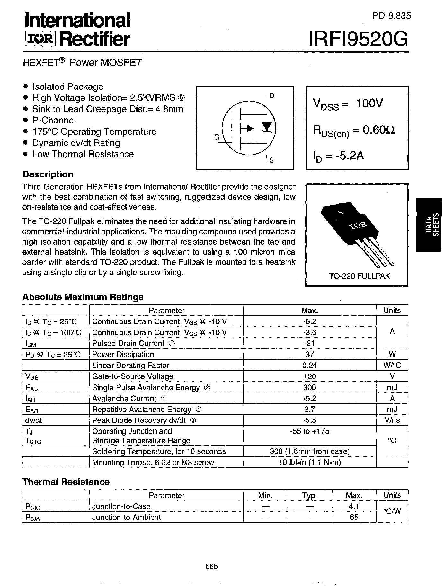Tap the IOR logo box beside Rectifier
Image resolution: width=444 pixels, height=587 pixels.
click(x=40, y=39)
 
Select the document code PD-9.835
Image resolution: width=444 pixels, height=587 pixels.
click(x=391, y=16)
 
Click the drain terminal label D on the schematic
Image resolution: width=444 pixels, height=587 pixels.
click(x=272, y=95)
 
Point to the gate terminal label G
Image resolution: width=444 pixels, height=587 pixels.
click(x=217, y=137)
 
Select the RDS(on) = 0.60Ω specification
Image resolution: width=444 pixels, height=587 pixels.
click(x=354, y=131)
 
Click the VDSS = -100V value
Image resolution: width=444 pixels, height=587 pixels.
click(x=348, y=104)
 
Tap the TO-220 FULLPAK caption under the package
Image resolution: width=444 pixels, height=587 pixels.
click(x=359, y=276)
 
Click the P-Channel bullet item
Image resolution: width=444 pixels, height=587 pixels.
click(x=54, y=120)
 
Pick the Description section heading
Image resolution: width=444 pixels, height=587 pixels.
click(x=48, y=174)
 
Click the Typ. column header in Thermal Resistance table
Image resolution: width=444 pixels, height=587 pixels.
click(x=309, y=496)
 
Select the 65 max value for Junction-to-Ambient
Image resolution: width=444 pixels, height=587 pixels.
click(x=354, y=517)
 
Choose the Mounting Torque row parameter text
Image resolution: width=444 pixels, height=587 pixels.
click(x=153, y=462)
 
